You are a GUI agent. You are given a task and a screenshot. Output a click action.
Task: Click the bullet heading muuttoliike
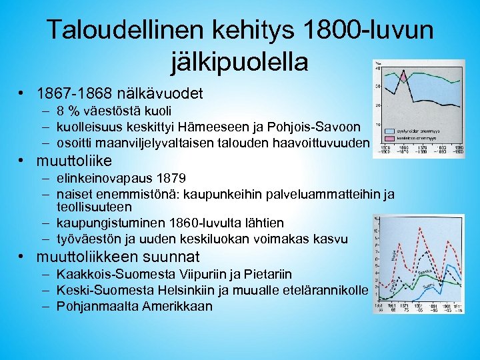[x=75, y=161]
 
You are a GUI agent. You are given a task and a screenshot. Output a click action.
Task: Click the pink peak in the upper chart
[x=403, y=77]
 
